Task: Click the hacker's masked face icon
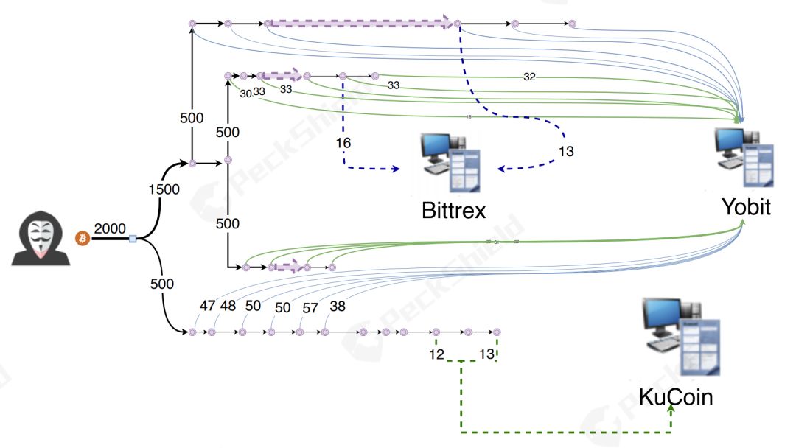[x=41, y=239]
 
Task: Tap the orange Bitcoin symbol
[x=83, y=239]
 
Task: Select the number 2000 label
[x=111, y=228]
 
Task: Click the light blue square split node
[x=133, y=239]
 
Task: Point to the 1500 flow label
[x=163, y=189]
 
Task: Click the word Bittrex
[x=453, y=211]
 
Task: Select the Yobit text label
[x=746, y=207]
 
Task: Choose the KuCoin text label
[x=676, y=398]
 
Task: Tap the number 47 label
[x=208, y=306]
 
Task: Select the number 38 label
[x=338, y=306]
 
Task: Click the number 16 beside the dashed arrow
[x=343, y=142]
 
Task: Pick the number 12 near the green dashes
[x=436, y=355]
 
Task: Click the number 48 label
[x=228, y=306]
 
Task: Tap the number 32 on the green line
[x=529, y=77]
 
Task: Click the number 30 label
[x=245, y=94]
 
